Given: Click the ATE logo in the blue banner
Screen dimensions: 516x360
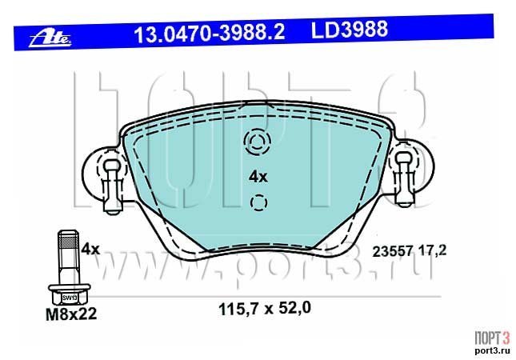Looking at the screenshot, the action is [50, 39].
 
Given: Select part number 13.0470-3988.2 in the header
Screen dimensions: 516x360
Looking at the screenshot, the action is [210, 33].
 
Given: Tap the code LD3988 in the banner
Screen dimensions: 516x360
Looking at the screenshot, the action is [350, 29].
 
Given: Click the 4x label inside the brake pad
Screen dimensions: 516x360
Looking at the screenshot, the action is [258, 178].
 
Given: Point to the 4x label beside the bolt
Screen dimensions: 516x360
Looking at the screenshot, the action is [90, 250].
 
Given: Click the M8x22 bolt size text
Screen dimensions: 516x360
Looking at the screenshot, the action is [71, 314].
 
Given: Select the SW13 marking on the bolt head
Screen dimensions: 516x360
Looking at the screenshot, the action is [70, 298].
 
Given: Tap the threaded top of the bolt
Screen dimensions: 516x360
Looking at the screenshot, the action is [69, 242].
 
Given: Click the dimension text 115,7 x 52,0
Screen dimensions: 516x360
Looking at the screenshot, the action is [265, 309].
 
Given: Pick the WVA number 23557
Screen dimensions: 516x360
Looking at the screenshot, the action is [392, 252].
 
